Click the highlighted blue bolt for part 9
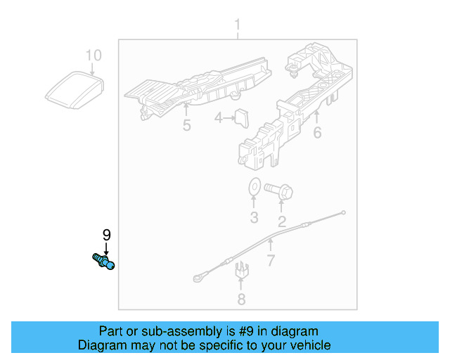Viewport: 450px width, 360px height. [x=103, y=262]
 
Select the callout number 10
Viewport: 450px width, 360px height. [x=94, y=55]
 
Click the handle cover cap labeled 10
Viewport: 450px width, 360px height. [x=74, y=89]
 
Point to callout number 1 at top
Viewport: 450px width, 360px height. [x=237, y=27]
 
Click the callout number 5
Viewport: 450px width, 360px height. [x=186, y=126]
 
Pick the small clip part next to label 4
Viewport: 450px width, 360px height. [x=243, y=118]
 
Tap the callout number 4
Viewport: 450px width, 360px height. [x=219, y=119]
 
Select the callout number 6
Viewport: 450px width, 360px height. [x=317, y=131]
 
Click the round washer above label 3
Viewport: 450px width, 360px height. [x=253, y=188]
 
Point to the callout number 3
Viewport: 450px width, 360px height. [x=254, y=217]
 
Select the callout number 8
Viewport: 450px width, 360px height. [x=241, y=300]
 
